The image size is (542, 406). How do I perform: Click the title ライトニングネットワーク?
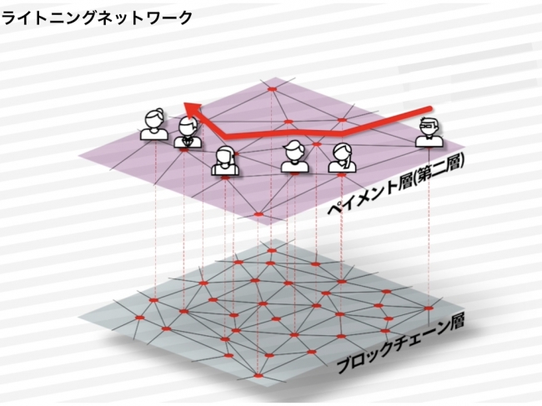click(x=97, y=18)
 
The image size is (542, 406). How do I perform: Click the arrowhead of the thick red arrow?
click(x=193, y=109)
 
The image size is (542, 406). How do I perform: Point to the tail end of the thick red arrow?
click(x=430, y=109)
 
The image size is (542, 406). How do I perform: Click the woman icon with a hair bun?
click(x=154, y=124)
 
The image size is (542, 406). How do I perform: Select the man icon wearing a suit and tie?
click(x=188, y=133)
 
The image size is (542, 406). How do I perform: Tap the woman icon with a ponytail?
click(x=342, y=158)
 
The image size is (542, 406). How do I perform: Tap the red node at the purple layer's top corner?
click(x=273, y=89)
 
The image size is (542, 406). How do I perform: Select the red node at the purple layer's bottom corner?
click(x=258, y=214)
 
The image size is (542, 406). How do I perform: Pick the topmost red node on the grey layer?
click(x=272, y=250)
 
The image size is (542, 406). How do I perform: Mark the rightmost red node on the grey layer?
click(x=429, y=308)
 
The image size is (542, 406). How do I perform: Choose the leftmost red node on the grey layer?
click(x=140, y=317)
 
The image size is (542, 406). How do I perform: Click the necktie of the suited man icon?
click(x=188, y=141)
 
